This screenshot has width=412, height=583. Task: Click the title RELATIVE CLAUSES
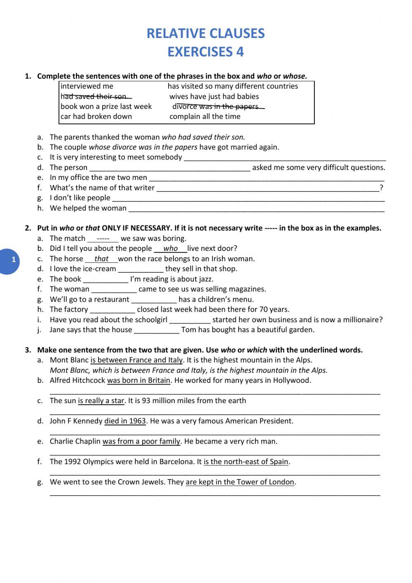click(x=206, y=33)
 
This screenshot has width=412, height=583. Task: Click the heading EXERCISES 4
click(x=206, y=52)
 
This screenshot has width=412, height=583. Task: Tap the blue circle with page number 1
click(x=13, y=260)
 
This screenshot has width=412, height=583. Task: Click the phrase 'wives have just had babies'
click(x=214, y=97)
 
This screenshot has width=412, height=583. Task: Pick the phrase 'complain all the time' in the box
click(x=205, y=116)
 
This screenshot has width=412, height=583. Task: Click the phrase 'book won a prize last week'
click(x=106, y=106)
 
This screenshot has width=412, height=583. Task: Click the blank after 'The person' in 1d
click(x=169, y=168)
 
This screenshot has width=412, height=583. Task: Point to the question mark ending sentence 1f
click(x=382, y=188)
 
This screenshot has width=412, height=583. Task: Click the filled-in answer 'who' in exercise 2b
click(x=170, y=248)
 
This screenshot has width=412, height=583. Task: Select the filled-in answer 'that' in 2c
click(x=101, y=259)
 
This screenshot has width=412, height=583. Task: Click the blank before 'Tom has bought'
click(x=157, y=330)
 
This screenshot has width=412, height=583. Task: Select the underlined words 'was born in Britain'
click(x=138, y=380)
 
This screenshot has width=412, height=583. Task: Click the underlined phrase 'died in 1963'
click(x=125, y=421)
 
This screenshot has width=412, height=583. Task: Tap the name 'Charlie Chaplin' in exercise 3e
click(x=75, y=441)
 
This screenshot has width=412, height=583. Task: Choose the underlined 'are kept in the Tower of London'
click(x=240, y=482)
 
